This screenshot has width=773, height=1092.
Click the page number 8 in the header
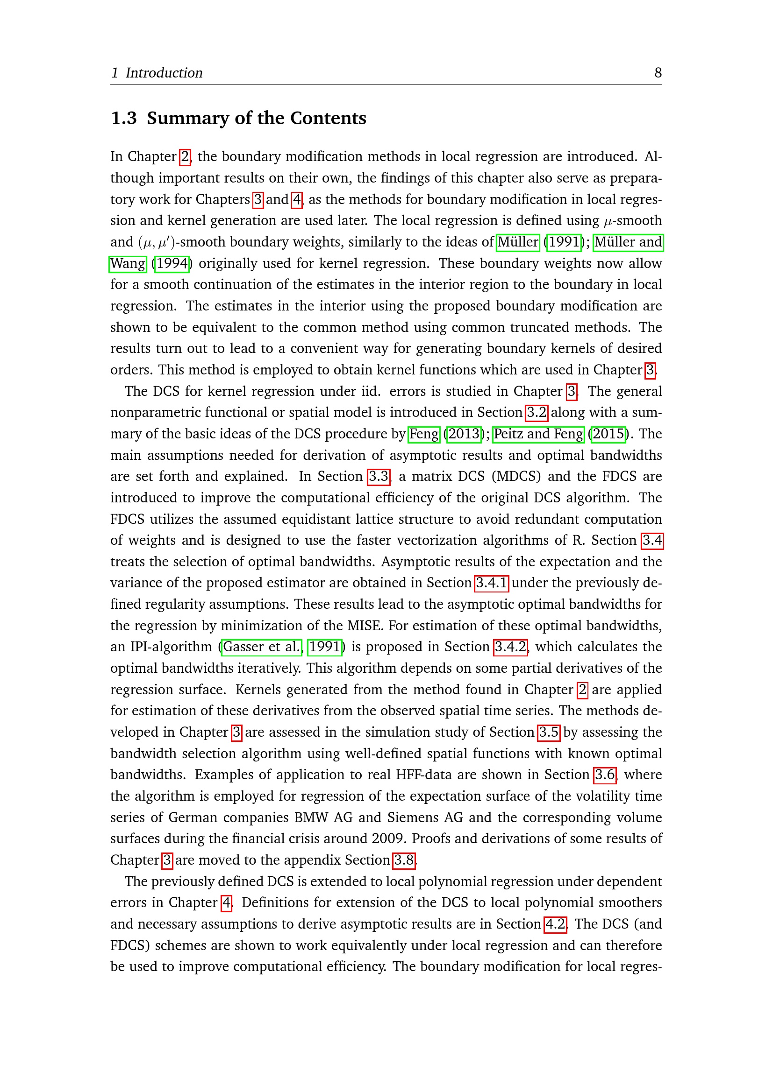[658, 73]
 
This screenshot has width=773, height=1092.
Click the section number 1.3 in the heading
[124, 119]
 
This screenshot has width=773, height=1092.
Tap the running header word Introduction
[164, 73]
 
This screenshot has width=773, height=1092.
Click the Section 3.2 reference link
[537, 412]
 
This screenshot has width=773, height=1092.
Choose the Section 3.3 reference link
[379, 477]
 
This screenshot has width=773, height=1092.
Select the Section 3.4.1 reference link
[492, 583]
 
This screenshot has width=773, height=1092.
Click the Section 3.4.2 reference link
[511, 647]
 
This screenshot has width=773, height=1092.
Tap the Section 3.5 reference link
[548, 733]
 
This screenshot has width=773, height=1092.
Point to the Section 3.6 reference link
[605, 775]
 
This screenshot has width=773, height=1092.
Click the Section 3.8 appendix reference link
[404, 860]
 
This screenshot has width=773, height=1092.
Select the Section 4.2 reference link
[555, 924]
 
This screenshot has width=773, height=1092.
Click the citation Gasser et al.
[262, 647]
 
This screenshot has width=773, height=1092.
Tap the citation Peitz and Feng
[538, 434]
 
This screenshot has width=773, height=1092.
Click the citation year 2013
[464, 434]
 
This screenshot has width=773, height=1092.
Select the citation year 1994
[172, 263]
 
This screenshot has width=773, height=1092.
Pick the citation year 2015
[608, 434]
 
